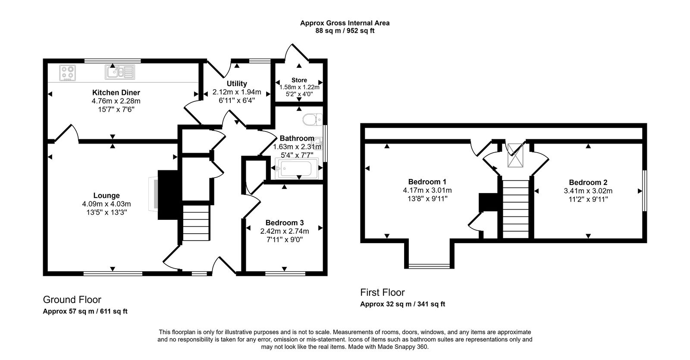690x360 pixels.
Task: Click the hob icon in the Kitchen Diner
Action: click(x=68, y=72)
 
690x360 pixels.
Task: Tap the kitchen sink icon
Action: click(x=120, y=72)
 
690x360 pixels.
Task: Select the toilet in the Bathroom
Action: click(x=312, y=119)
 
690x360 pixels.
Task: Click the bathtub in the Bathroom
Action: click(x=297, y=169)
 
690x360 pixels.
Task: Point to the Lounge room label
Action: click(x=107, y=196)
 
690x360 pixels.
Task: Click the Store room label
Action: click(x=299, y=80)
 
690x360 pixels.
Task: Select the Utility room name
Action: click(x=237, y=84)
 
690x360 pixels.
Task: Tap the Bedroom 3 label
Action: click(x=284, y=223)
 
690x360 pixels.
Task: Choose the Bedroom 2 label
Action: click(x=588, y=182)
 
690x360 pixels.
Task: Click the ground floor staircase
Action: click(x=196, y=223)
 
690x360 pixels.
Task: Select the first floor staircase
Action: click(x=515, y=208)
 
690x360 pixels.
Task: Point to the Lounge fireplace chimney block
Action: click(x=169, y=195)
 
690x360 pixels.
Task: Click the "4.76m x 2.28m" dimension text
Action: click(x=116, y=101)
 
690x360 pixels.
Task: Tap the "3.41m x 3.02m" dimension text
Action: click(x=588, y=191)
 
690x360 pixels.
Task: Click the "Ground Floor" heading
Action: click(x=72, y=300)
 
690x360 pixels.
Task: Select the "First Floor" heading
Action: click(x=383, y=292)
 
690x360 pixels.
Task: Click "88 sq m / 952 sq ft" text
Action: click(x=345, y=31)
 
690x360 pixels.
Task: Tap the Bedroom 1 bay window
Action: click(x=429, y=265)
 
